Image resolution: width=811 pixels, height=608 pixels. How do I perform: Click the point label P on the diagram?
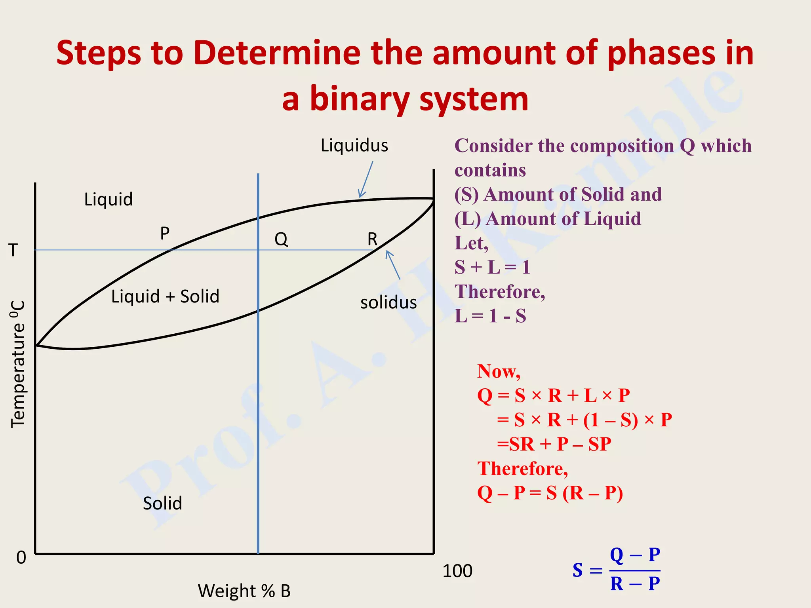tap(165, 233)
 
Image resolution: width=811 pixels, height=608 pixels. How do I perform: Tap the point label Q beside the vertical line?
tap(281, 239)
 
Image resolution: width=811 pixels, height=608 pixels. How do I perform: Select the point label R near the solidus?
tap(372, 239)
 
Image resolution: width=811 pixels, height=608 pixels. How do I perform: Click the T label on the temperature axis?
tap(13, 250)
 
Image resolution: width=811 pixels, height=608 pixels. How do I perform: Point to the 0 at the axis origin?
tap(21, 557)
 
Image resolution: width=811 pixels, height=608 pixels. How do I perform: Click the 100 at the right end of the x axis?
tap(457, 571)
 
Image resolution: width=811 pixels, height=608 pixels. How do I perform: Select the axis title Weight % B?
tap(244, 591)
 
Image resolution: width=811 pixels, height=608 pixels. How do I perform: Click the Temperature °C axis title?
tap(18, 364)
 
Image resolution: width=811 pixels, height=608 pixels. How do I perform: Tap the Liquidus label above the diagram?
tap(354, 145)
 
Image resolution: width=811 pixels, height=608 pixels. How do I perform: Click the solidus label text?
tap(388, 302)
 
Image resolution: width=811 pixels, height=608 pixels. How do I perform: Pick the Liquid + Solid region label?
tap(165, 296)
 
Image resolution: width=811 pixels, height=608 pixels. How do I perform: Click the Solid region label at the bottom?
tap(162, 503)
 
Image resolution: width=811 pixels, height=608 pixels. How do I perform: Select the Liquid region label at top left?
tap(109, 199)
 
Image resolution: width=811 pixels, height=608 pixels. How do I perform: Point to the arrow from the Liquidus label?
tap(366, 179)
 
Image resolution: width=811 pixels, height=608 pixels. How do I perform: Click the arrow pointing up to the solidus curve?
tap(393, 265)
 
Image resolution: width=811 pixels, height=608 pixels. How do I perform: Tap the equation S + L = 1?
tap(492, 267)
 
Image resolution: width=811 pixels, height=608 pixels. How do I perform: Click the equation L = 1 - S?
tap(490, 316)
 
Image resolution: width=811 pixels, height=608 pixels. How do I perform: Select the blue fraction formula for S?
tap(617, 570)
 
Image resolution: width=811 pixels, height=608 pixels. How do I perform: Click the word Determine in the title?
tap(277, 53)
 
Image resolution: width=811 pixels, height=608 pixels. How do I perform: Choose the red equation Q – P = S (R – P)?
tap(550, 493)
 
